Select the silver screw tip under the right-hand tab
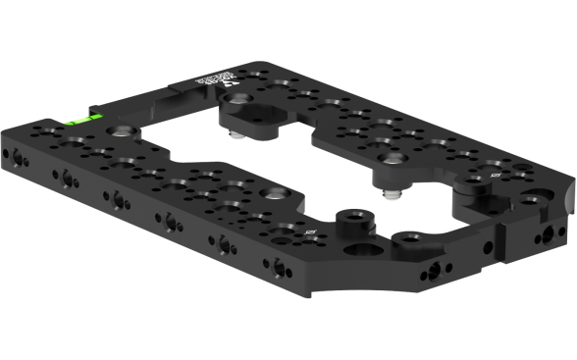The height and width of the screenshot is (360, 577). [391, 194]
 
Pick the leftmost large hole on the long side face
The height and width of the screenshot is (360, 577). [21, 157]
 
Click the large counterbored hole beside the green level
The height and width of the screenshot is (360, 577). [119, 128]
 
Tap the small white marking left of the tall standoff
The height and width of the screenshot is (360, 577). [311, 232]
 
